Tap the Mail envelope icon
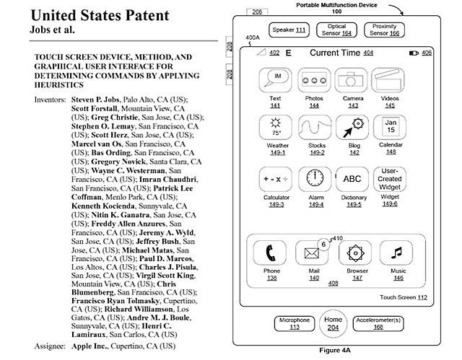(313, 253)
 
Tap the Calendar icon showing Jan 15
(391, 129)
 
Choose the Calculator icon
(275, 179)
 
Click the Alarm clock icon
(314, 179)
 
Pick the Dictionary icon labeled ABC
(352, 179)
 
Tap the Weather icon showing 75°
(275, 129)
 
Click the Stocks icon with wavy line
(314, 129)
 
